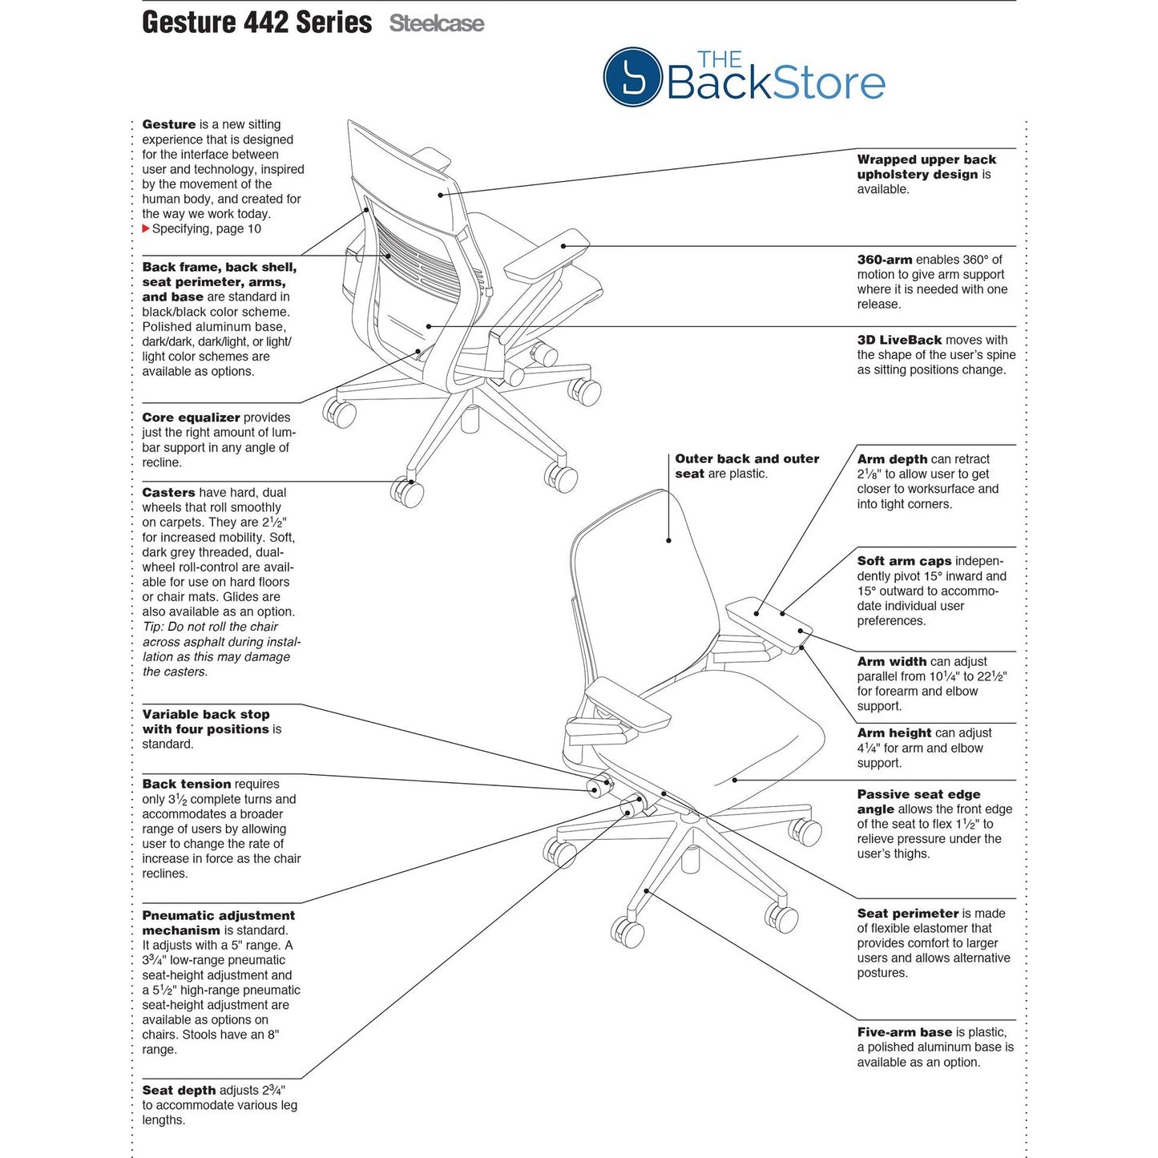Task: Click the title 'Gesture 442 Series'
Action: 256,22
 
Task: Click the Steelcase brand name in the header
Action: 437,24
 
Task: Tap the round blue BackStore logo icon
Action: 631,77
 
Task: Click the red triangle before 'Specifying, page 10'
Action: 146,229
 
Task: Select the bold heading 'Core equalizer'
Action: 191,418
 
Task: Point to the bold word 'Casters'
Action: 168,493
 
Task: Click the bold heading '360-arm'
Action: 884,260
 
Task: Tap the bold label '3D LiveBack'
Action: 899,340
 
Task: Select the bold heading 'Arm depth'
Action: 892,459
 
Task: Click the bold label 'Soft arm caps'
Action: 904,561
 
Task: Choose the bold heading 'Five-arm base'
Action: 904,1032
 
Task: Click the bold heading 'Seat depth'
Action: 179,1090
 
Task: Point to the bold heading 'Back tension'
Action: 187,784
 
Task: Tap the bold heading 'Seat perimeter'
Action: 907,913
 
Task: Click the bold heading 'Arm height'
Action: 894,732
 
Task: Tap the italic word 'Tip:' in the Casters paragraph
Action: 153,627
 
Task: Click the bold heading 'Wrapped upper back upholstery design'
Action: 926,167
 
